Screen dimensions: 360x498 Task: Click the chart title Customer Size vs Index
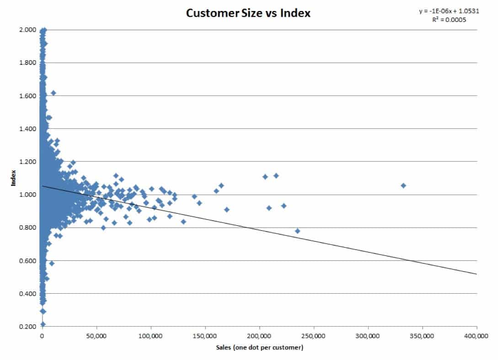(248, 13)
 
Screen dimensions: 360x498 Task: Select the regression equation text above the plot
(449, 11)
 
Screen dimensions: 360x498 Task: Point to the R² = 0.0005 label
(450, 20)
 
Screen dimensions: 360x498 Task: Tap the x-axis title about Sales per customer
(260, 348)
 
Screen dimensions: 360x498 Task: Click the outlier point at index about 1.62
(53, 93)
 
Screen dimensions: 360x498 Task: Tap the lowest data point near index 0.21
(43, 324)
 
